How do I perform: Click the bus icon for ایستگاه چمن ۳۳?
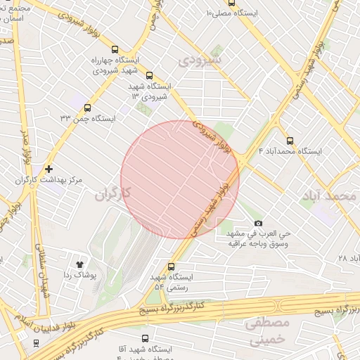pyautogui.click(x=87, y=108)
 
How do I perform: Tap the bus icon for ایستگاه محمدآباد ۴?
pyautogui.click(x=290, y=141)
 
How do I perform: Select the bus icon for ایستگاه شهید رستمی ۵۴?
pyautogui.click(x=171, y=266)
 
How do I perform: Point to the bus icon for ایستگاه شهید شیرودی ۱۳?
pyautogui.click(x=149, y=75)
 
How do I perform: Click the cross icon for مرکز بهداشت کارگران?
pyautogui.click(x=48, y=169)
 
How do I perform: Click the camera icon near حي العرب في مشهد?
pyautogui.click(x=257, y=223)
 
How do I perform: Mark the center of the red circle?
pyautogui.click(x=180, y=179)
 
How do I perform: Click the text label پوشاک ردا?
pyautogui.click(x=79, y=275)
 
